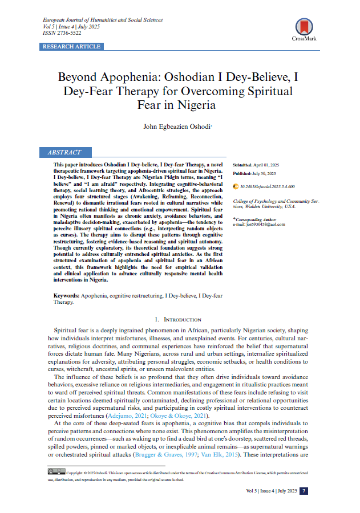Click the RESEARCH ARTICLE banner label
click(x=71, y=46)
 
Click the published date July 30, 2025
click(x=265, y=173)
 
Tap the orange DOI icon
click(x=236, y=186)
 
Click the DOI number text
click(x=267, y=186)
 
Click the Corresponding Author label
click(x=256, y=218)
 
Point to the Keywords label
click(x=66, y=296)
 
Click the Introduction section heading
click(x=178, y=320)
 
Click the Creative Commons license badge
click(x=56, y=471)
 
